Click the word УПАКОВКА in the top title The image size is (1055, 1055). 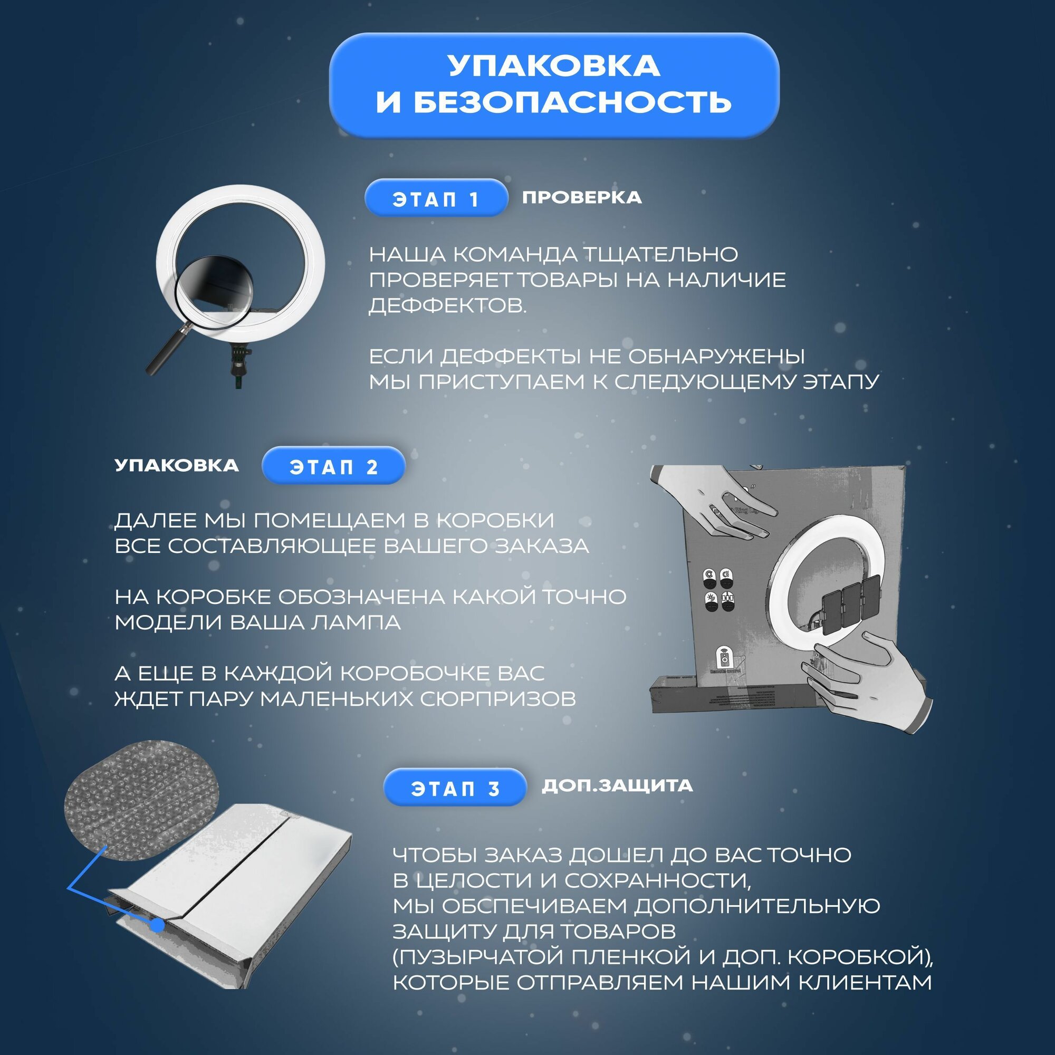[x=554, y=65]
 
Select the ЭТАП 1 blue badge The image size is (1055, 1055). [x=436, y=199]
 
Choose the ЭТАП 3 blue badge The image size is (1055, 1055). [x=455, y=789]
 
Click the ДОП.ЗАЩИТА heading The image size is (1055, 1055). [x=617, y=786]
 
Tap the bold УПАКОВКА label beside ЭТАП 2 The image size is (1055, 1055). [x=176, y=465]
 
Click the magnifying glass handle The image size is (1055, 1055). [x=167, y=350]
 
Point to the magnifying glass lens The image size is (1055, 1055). [x=216, y=292]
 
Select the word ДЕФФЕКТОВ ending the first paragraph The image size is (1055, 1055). [x=447, y=306]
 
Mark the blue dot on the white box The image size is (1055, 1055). [x=157, y=925]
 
